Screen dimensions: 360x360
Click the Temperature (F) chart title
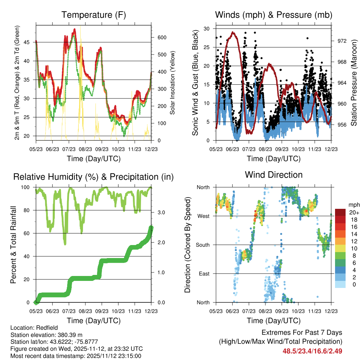point(93,15)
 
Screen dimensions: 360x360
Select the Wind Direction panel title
point(274,174)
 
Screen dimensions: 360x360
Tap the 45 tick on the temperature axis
point(31,42)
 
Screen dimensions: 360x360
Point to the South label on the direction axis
point(202,245)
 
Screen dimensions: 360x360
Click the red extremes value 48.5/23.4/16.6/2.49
point(312,351)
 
